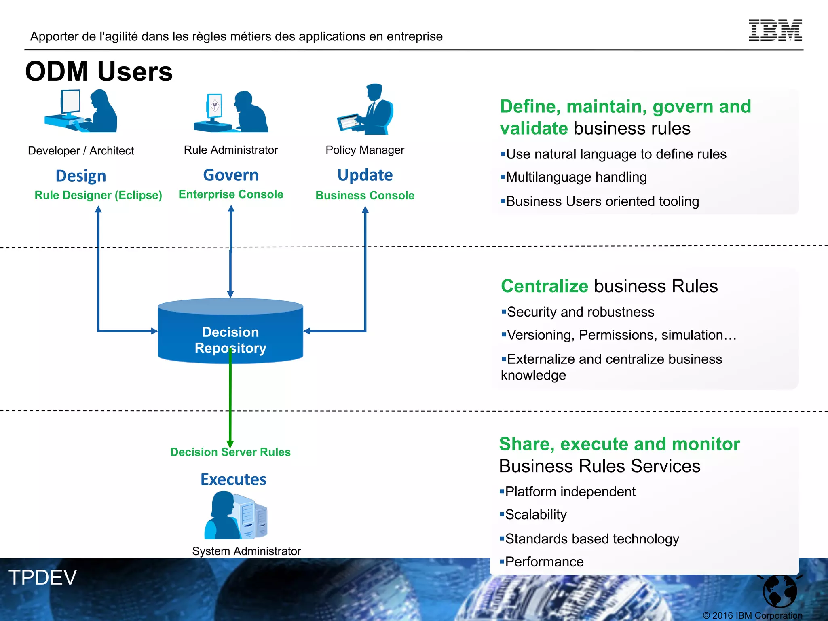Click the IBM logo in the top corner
[775, 30]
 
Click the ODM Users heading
[99, 72]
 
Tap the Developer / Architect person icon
[81, 111]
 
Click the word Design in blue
[81, 176]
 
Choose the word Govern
[231, 175]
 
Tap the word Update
[365, 175]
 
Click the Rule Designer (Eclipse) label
[98, 195]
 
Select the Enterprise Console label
[231, 194]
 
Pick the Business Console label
[365, 196]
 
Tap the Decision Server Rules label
[230, 452]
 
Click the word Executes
[233, 479]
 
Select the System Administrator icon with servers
[236, 515]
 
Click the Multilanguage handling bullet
[576, 177]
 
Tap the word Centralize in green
[544, 286]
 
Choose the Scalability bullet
[535, 515]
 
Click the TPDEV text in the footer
[42, 577]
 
